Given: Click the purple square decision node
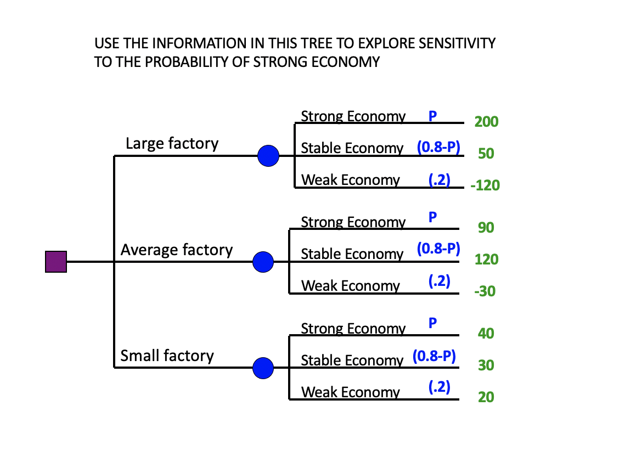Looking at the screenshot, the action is pos(56,261).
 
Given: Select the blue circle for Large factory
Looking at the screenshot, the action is pos(268,156).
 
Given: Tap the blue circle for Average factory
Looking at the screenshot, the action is pos(263,262).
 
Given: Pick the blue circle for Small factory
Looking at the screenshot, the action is pos(263,368).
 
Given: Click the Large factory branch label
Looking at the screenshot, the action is pos(172,143).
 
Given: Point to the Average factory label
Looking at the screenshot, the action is pos(177,250).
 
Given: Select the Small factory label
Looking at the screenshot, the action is pos(167,356).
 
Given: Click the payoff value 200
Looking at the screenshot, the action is pos(486,122).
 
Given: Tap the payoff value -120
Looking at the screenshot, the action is pos(485,185).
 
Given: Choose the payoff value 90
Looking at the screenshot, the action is pos(486,228).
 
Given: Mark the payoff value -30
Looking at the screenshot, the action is pos(485,291).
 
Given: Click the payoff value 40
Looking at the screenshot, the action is pos(486,333).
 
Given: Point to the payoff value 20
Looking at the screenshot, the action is pos(486,397).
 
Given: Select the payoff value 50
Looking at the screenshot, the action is pos(486,154).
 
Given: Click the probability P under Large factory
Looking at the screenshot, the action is pos(432,116).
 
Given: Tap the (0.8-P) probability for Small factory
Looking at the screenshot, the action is pos(434,356).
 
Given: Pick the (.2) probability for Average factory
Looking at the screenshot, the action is pos(440,281).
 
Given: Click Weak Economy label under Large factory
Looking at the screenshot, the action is pos(351,180).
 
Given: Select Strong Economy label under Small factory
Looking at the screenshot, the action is pos(353,329).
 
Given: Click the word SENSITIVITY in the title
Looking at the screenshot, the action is pos(457,43).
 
